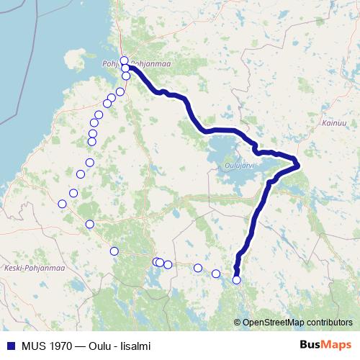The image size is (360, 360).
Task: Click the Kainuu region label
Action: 325,123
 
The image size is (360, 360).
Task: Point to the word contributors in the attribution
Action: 329,322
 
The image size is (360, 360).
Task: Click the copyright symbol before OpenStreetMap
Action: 237,322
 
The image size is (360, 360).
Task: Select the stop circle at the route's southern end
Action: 236,280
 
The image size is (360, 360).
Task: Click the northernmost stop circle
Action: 124,60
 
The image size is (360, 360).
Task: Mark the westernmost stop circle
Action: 62,204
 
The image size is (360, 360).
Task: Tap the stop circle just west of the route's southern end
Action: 216,274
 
